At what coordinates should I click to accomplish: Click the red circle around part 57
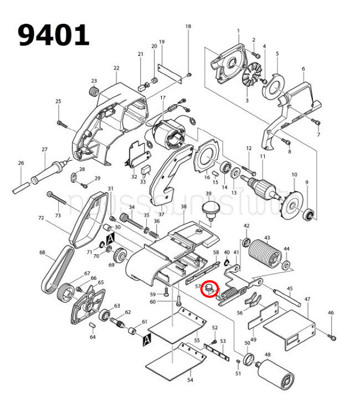[x=210, y=289]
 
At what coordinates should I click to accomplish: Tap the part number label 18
[x=188, y=27]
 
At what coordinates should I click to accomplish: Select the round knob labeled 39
[x=209, y=211]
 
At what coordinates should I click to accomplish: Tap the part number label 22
[x=116, y=68]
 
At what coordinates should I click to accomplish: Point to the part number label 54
[x=190, y=381]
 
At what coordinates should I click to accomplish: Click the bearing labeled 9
[x=310, y=213]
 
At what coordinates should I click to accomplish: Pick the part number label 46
[x=331, y=313]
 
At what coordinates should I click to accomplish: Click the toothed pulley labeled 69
[x=120, y=257]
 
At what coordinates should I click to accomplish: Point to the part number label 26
[x=21, y=163]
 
